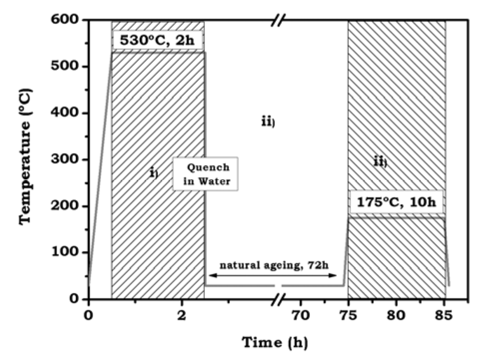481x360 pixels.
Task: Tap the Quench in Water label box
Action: pyautogui.click(x=205, y=174)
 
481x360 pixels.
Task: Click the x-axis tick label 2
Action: pyautogui.click(x=181, y=315)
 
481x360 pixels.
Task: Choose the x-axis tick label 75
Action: pyautogui.click(x=348, y=315)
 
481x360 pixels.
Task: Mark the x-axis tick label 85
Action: pyautogui.click(x=444, y=315)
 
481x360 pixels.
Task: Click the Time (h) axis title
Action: pyautogui.click(x=275, y=342)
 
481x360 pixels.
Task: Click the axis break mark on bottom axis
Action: pyautogui.click(x=280, y=298)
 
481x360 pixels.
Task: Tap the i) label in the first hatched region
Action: pyautogui.click(x=154, y=173)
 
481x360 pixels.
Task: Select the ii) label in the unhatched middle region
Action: pyautogui.click(x=268, y=122)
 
